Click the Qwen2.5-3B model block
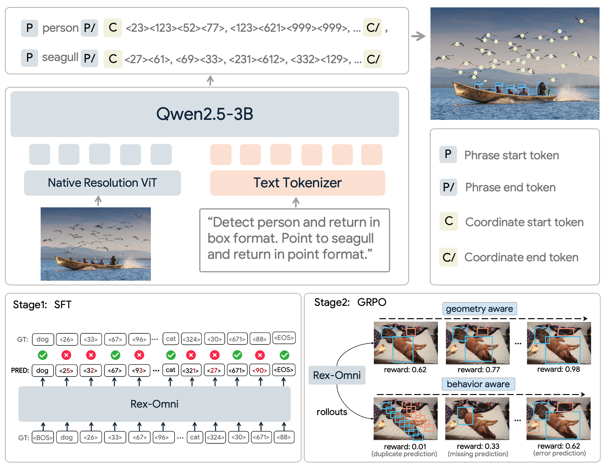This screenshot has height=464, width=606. pos(204,114)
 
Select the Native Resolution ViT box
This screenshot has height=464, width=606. pos(102,183)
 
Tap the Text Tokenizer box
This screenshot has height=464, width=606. pos(297,183)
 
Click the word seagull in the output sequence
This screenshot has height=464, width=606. pos(60,57)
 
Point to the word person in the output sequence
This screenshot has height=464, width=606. pos(60,28)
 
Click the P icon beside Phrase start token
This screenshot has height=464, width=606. pos(448,154)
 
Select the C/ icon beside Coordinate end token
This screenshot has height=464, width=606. pos(448,257)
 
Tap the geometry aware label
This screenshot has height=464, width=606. pos(479,309)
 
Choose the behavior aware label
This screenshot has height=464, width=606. pos(478,384)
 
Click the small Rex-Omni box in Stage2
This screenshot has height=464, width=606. pos(337,375)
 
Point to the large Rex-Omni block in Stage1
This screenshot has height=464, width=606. pos(154,404)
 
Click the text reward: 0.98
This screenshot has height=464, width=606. pos(559,369)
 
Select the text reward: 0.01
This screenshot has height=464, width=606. pos(405,446)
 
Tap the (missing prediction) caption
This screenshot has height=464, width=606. pos(478,454)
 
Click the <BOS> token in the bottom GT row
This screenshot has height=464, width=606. pos(43,437)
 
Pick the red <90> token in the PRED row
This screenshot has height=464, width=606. pos(260,370)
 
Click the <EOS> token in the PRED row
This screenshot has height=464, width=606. pos(284,370)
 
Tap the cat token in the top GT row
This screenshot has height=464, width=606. pos(171,339)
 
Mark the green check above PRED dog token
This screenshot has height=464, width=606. pos(43,355)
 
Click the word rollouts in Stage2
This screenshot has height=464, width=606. pos(332,412)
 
